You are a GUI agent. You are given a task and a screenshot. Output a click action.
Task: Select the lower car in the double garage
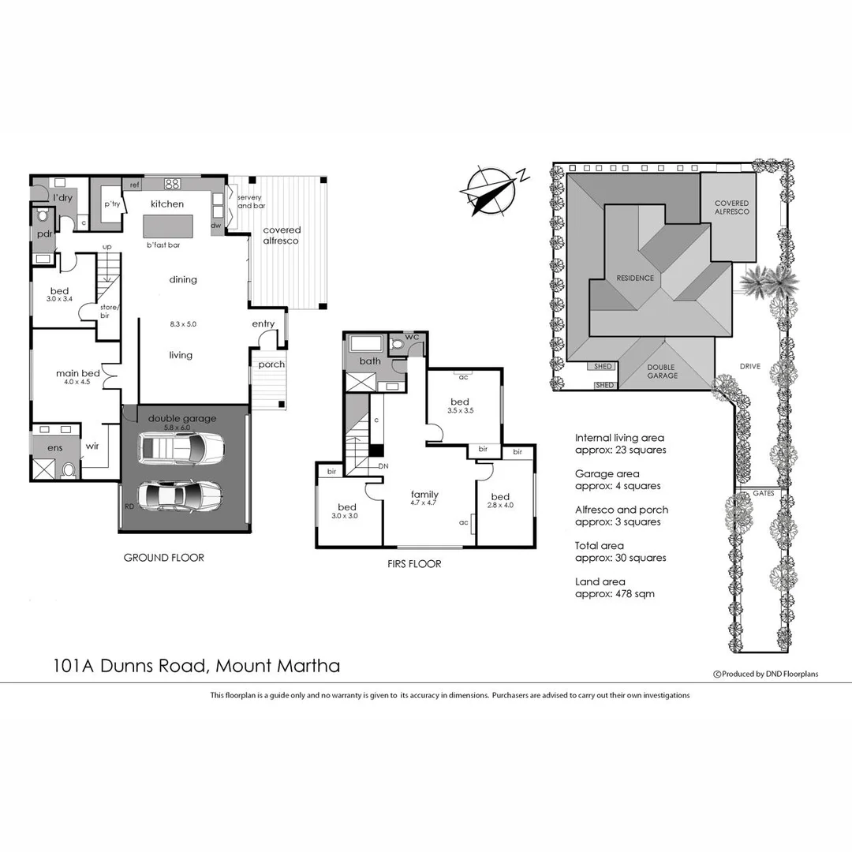click(x=180, y=497)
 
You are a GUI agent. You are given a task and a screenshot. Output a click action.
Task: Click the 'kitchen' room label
click(x=167, y=204)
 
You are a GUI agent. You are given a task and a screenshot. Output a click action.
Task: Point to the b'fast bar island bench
click(x=168, y=227)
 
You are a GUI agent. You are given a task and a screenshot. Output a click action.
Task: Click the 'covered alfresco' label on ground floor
click(x=282, y=235)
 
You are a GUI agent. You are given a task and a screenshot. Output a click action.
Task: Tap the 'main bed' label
click(x=77, y=373)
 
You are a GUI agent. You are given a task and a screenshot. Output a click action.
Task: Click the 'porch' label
click(x=271, y=364)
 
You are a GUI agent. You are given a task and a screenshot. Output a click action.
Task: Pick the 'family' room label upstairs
click(x=424, y=495)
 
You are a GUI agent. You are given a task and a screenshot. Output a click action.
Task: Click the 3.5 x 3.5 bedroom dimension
click(x=460, y=411)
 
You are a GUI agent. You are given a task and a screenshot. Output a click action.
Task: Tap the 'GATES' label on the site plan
click(x=762, y=493)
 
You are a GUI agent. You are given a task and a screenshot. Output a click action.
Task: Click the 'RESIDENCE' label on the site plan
click(x=635, y=278)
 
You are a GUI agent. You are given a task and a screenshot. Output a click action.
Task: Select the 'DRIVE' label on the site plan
click(x=749, y=366)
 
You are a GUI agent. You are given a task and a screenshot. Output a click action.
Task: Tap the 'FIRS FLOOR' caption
click(x=413, y=564)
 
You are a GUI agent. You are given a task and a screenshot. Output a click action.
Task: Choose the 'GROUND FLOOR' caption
click(x=163, y=558)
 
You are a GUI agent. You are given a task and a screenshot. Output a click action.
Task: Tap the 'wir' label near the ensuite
click(x=92, y=446)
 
